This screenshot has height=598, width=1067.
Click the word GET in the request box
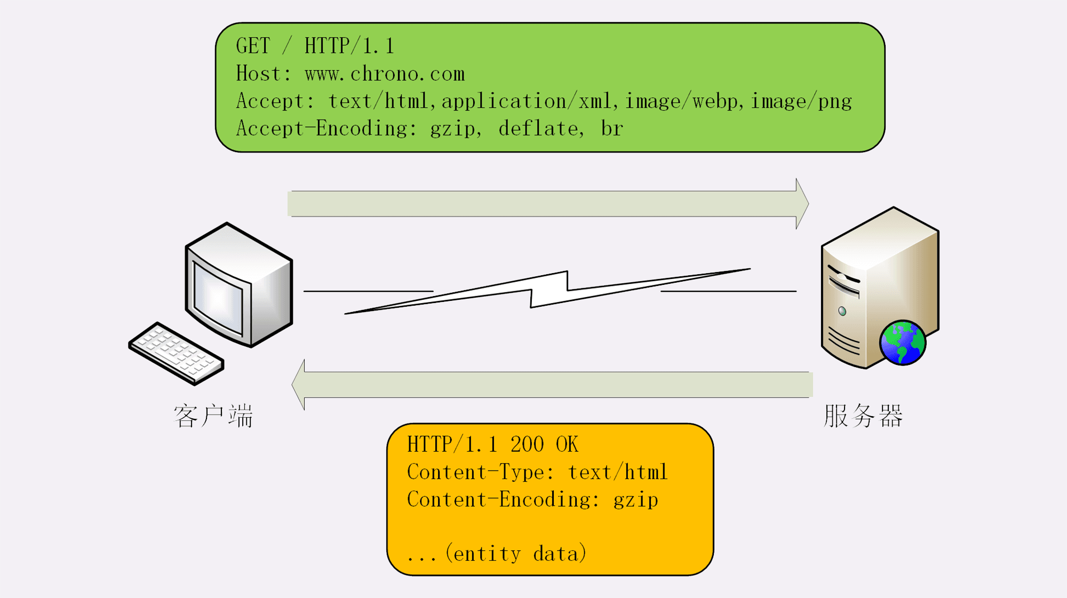[x=253, y=46]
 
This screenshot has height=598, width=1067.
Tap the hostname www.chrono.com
[x=385, y=74]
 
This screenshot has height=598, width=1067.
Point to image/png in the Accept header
[x=801, y=101]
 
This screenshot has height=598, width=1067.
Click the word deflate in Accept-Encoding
[x=538, y=129]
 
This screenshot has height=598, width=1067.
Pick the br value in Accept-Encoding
[x=612, y=129]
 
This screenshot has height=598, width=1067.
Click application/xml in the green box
[x=526, y=101]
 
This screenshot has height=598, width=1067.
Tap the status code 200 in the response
[x=527, y=444]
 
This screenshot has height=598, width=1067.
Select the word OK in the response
[x=567, y=444]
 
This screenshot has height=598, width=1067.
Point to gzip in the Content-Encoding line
[x=635, y=500]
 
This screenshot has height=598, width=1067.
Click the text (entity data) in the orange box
[x=516, y=554]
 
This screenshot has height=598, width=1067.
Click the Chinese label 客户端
[x=213, y=416]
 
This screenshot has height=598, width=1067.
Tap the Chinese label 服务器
[x=863, y=416]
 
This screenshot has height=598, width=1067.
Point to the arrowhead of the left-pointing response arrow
[x=299, y=385]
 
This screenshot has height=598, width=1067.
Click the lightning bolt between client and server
[x=548, y=291]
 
